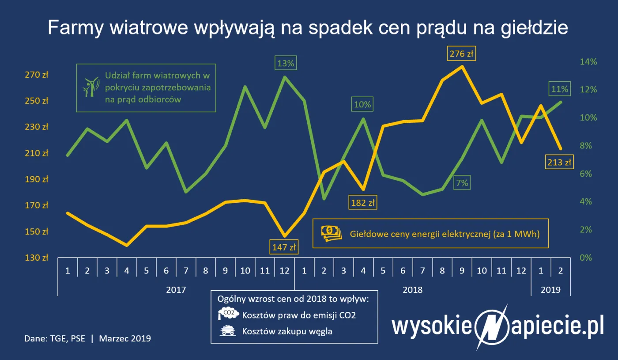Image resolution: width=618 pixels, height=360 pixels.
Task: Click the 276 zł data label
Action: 461,54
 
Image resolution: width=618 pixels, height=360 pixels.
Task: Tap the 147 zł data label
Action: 283,247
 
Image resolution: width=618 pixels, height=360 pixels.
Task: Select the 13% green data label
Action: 285,63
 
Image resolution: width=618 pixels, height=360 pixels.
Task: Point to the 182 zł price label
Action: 363,203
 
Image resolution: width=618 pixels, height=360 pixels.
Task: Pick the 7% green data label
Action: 462,182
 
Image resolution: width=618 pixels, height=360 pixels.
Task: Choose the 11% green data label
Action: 559,89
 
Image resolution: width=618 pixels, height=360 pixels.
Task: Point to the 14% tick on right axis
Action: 588,62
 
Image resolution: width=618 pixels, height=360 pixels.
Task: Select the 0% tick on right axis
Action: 585,258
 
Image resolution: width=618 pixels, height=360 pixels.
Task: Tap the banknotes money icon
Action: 331,233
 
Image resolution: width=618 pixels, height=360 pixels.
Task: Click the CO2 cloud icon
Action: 227,314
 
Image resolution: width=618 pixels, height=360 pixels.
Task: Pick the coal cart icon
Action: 228,330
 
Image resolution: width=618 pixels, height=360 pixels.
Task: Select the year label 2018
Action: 413,290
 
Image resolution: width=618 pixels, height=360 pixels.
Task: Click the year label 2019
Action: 550,290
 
